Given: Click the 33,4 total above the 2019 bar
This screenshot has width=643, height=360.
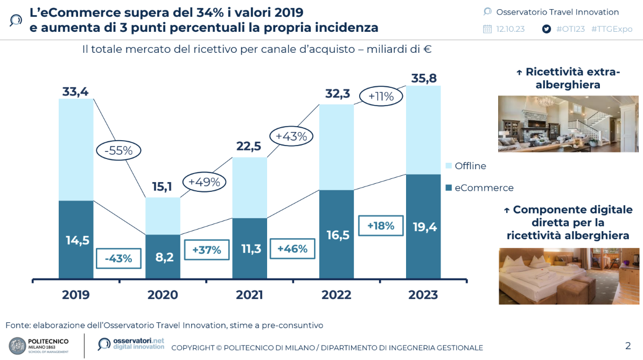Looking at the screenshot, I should (x=75, y=92).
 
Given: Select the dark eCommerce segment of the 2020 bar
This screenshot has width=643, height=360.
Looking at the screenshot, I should (x=163, y=257).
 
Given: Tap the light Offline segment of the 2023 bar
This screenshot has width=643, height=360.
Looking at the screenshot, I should (x=423, y=130).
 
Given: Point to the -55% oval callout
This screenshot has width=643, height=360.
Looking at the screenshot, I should (x=118, y=151).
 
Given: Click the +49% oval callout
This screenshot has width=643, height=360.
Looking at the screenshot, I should (x=205, y=182).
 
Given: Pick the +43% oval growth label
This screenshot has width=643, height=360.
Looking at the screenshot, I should (x=291, y=136).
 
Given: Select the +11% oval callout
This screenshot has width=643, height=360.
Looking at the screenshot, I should (x=381, y=97).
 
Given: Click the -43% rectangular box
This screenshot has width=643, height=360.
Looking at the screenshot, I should (x=118, y=258).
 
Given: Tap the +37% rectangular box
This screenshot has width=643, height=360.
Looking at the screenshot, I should (x=206, y=250).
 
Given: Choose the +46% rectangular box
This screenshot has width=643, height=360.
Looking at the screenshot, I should (x=292, y=248).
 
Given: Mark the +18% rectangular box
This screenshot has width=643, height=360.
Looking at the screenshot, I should (x=381, y=226).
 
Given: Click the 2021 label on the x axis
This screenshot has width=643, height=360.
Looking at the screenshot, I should (x=249, y=295).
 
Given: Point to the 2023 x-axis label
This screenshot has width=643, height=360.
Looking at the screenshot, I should (x=423, y=295).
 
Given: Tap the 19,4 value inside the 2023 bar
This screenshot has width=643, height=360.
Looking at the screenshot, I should (x=423, y=227).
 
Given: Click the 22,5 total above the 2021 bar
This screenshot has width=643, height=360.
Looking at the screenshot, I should (x=249, y=146).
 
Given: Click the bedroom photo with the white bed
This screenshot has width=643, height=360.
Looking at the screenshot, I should (x=564, y=276).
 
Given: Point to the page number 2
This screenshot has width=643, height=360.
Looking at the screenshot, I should (x=627, y=345).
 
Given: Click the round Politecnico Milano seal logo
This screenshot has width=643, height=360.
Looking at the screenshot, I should (x=17, y=345).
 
